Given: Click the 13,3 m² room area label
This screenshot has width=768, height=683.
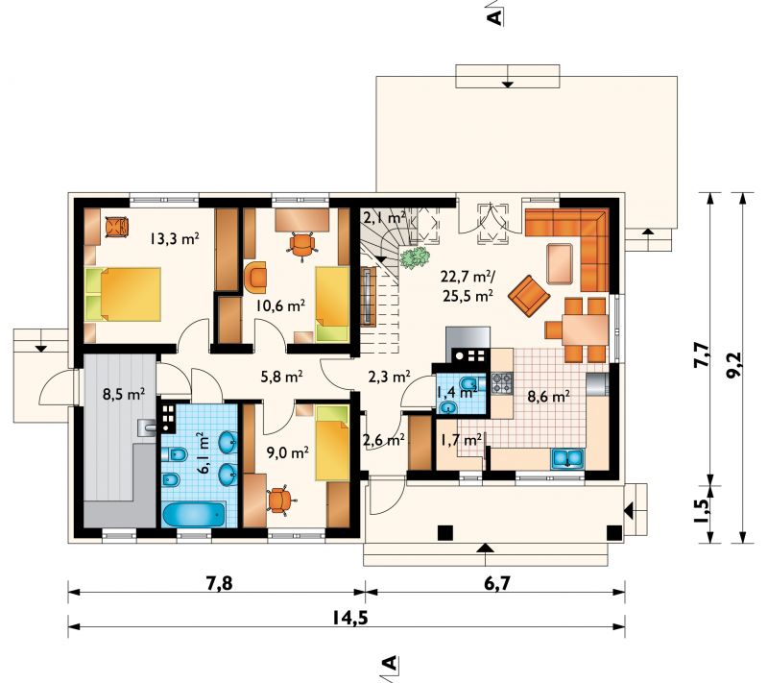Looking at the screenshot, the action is (x=175, y=239).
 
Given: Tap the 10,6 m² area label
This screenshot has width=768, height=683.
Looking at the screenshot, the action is (x=281, y=305).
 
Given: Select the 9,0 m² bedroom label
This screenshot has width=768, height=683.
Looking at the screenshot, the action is (x=287, y=451).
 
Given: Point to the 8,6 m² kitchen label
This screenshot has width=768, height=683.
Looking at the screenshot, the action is (x=548, y=396).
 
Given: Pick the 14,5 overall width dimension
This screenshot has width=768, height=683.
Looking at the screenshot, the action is (x=349, y=618).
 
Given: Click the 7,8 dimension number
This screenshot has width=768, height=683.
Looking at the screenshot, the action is (x=216, y=583).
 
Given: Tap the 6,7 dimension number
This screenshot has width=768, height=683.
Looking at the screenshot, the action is (x=496, y=583).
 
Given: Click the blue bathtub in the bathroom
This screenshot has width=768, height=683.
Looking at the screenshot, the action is (x=194, y=514).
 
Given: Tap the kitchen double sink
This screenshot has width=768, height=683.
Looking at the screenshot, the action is (x=567, y=458).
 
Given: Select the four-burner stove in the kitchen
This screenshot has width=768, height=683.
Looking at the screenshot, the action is (x=502, y=384).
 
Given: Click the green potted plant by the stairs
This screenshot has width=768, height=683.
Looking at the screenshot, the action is (x=415, y=257).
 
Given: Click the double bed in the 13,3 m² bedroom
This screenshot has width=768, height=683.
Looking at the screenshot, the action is (x=124, y=294).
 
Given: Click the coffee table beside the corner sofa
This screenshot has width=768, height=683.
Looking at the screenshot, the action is (x=560, y=263).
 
